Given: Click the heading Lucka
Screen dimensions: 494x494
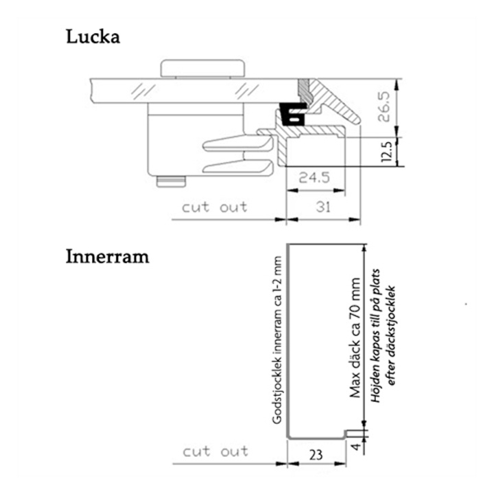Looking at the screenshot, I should (x=93, y=36).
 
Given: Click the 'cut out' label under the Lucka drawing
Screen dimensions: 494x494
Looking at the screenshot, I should (x=215, y=207).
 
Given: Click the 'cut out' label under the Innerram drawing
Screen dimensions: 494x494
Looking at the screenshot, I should (x=215, y=451).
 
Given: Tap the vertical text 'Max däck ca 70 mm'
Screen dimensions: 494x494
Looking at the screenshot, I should (x=355, y=338).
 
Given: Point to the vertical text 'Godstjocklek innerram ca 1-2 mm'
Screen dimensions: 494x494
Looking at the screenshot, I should (x=277, y=340).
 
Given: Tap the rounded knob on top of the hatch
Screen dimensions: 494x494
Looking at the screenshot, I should (x=202, y=69).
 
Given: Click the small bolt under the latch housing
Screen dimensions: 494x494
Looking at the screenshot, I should (x=172, y=180).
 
